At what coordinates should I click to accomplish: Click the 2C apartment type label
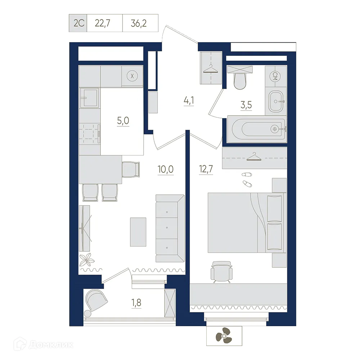click(x=79, y=23)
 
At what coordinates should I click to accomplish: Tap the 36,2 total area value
click(x=139, y=23)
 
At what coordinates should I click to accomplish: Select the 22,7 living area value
click(x=103, y=23)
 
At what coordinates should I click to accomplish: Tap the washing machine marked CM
click(x=276, y=76)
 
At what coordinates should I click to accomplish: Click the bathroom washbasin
click(x=276, y=101)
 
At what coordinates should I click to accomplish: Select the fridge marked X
click(x=132, y=76)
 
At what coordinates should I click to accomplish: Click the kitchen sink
click(x=90, y=98)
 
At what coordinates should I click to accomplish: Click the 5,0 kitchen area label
click(x=123, y=121)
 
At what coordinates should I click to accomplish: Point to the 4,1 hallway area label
click(x=189, y=101)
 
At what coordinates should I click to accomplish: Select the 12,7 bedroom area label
click(x=206, y=170)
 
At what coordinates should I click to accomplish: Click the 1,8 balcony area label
click(x=136, y=303)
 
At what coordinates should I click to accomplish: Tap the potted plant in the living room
click(x=87, y=260)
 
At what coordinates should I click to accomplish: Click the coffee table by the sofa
click(x=138, y=232)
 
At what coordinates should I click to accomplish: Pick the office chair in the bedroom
click(x=221, y=271)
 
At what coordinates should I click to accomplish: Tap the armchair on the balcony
click(x=96, y=301)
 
